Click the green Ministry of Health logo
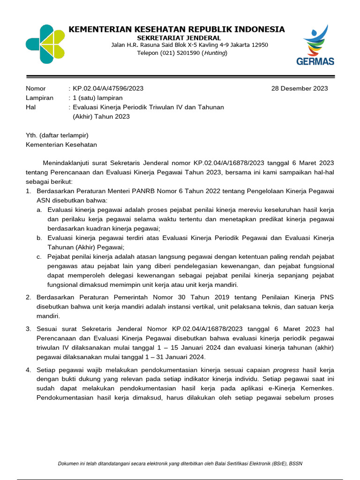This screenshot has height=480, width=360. (x=45, y=44)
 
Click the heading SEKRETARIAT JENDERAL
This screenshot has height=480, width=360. (x=179, y=37)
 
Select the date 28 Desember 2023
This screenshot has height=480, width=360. (x=300, y=89)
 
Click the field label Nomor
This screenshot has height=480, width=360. (x=36, y=89)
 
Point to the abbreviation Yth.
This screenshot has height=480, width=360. (x=31, y=135)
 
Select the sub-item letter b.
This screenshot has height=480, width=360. (x=39, y=238)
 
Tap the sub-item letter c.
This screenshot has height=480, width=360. (x=39, y=257)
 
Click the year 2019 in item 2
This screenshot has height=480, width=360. (x=208, y=297)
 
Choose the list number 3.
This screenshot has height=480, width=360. (x=28, y=329)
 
